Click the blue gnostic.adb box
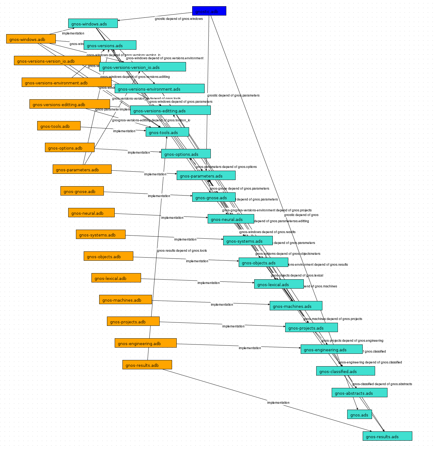pos(209,11)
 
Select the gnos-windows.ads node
pos(93,23)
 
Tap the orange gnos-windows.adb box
pos(31,39)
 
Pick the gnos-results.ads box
pos(387,436)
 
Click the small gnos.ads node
pos(359,414)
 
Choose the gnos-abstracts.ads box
pos(359,393)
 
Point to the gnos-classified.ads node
pos(345,371)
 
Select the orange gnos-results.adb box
pos(147,365)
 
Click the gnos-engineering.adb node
pos(145,343)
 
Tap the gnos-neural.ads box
pos(231,219)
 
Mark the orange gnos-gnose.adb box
pos(82,191)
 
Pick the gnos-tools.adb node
pos(59,126)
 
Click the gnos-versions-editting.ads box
pos(170,110)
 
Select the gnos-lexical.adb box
pos(116,278)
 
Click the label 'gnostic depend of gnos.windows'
pos(179,19)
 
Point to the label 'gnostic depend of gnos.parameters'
pos(233,95)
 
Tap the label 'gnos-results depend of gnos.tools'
pos(182,250)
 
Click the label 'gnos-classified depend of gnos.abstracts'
pos(382,384)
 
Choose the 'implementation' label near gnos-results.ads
pos(278,403)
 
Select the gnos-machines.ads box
pos(296,306)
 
